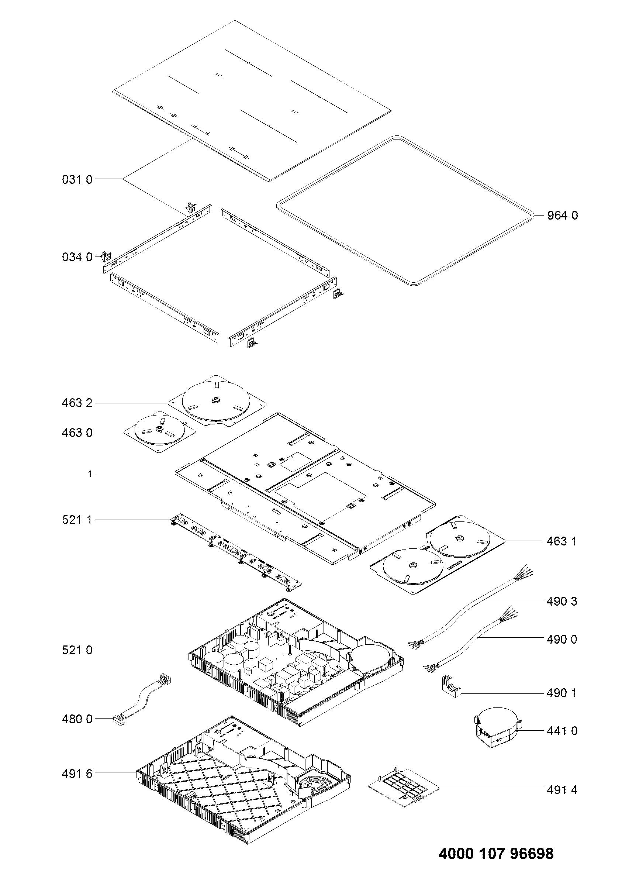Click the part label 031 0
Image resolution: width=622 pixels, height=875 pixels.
[x=77, y=179]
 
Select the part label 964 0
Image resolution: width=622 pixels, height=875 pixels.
[x=562, y=216]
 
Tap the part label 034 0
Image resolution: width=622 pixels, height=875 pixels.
[x=77, y=257]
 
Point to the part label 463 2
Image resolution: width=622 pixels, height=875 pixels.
[x=77, y=403]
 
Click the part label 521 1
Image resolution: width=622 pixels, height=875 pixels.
[x=77, y=520]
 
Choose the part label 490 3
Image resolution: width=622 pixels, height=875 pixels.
[x=561, y=602]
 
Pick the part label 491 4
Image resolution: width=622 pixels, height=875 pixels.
[x=561, y=790]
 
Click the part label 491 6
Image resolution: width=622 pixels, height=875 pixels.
[x=77, y=774]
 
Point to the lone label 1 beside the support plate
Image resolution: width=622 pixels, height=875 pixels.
[x=90, y=474]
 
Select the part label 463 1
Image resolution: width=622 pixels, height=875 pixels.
[x=561, y=541]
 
